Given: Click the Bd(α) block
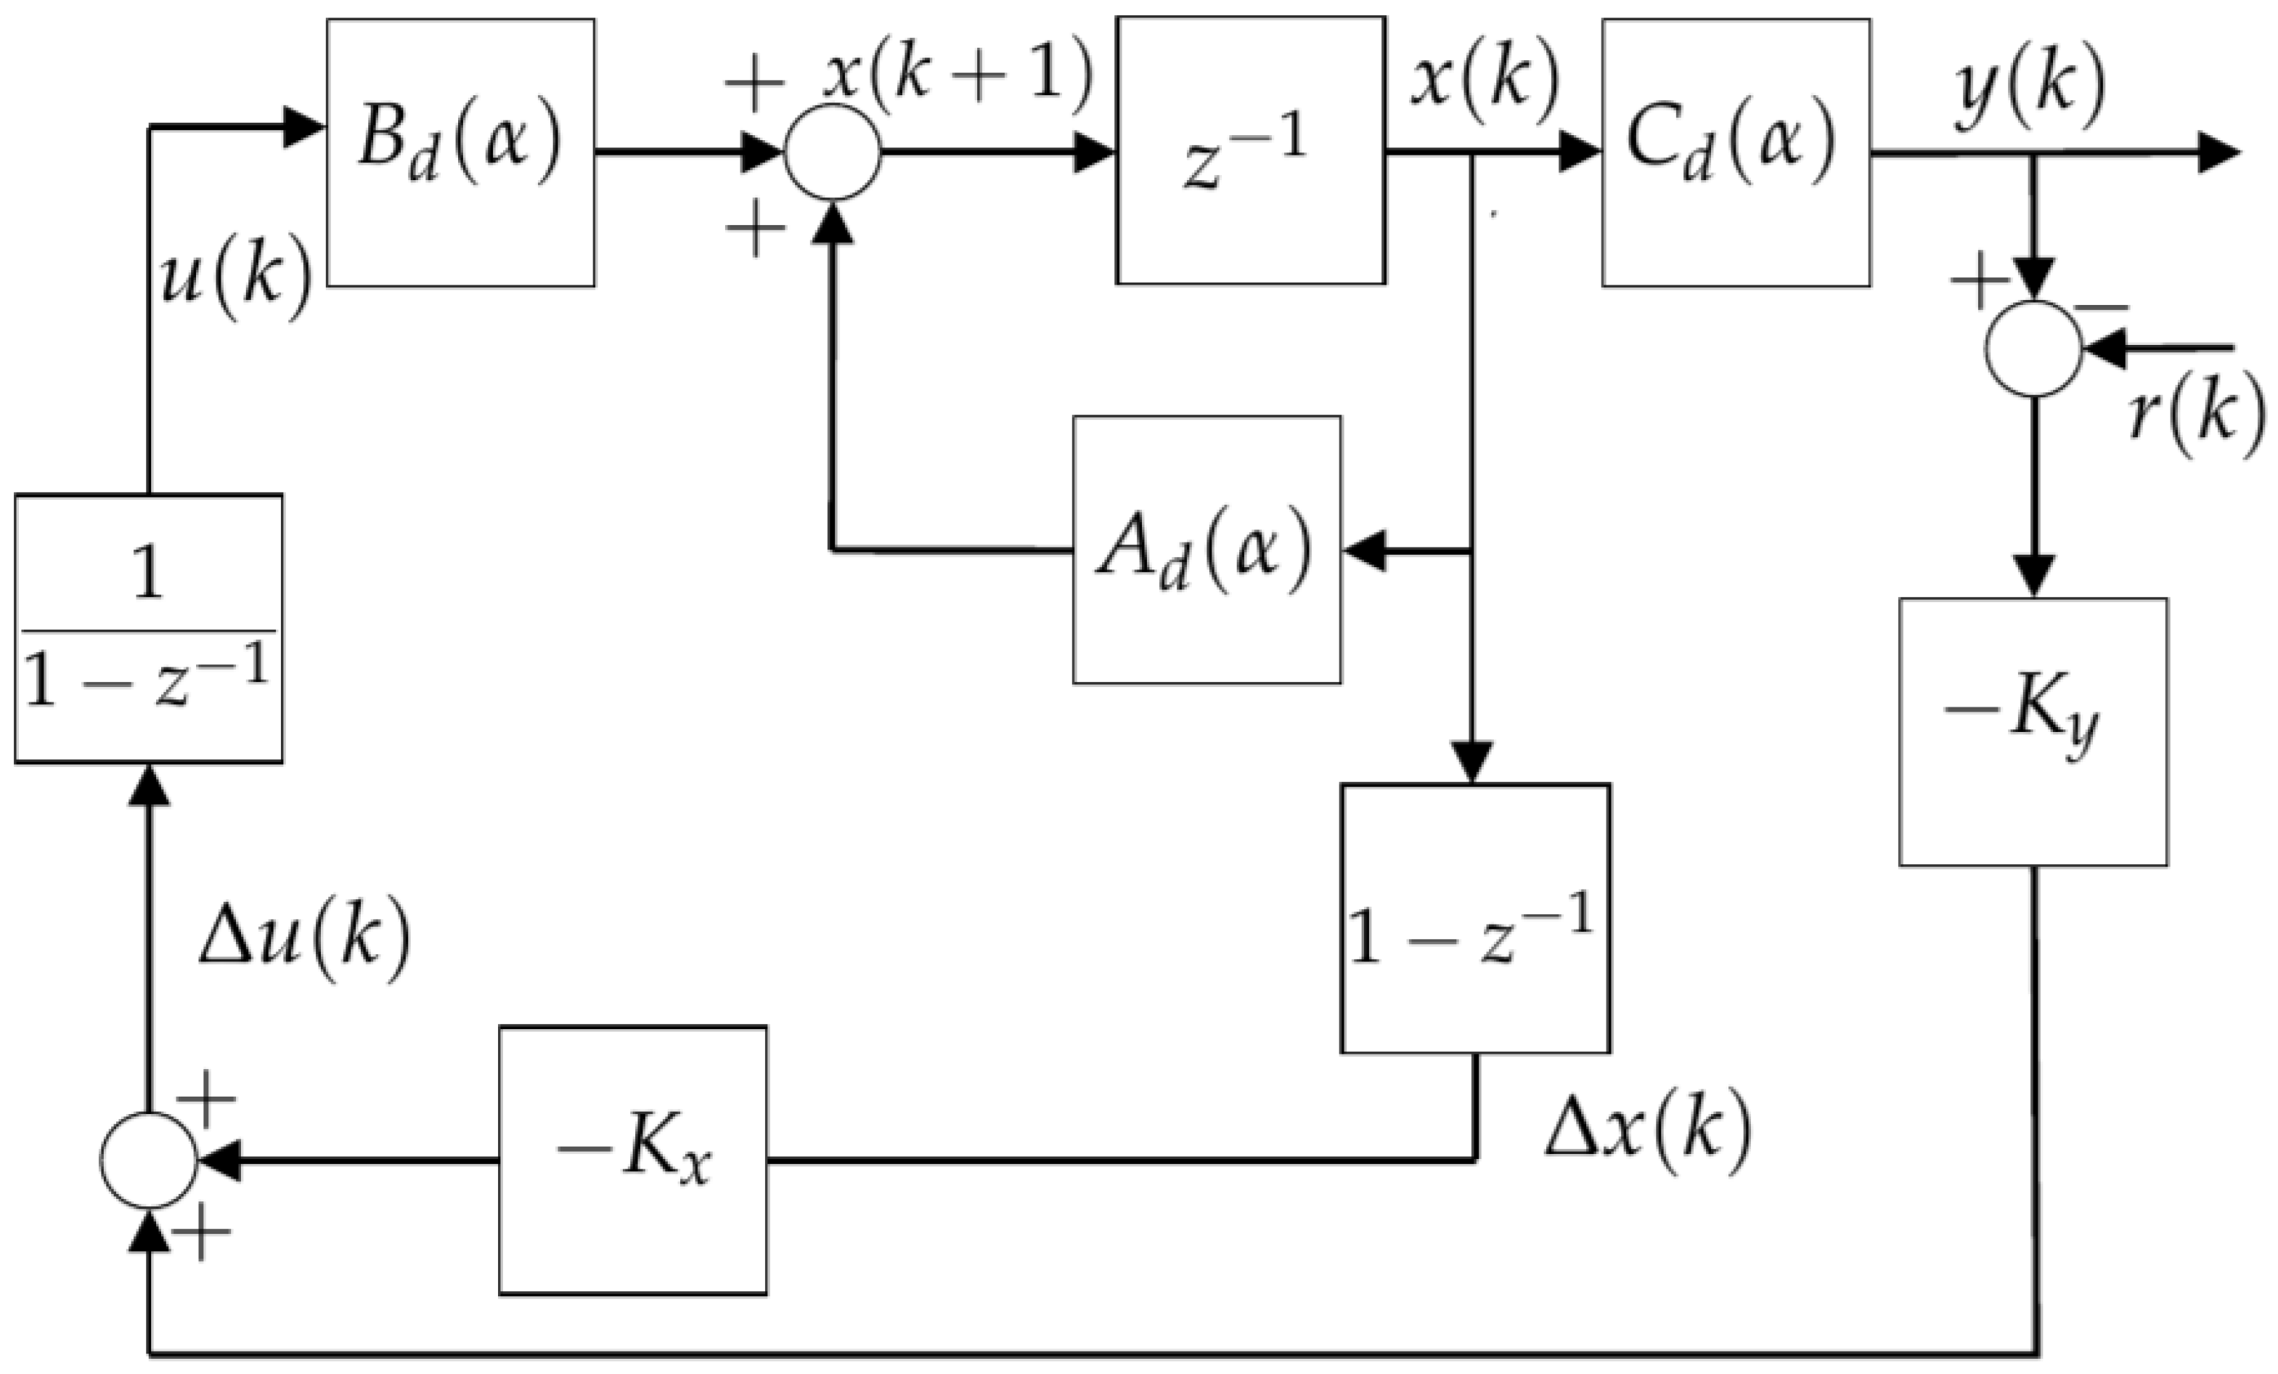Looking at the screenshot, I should (460, 153).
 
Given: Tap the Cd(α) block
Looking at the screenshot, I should (1735, 153).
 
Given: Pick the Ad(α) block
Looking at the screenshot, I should (1207, 550).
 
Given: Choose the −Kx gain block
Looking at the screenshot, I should (632, 1160).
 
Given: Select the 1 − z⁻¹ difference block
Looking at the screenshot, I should (1474, 918).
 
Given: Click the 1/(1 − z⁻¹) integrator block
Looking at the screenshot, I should (149, 629).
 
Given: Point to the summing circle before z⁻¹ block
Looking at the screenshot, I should (832, 153).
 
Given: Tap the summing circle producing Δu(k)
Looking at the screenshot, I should (148, 1160).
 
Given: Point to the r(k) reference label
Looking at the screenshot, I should (2197, 416).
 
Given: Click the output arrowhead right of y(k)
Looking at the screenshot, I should (2218, 153).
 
